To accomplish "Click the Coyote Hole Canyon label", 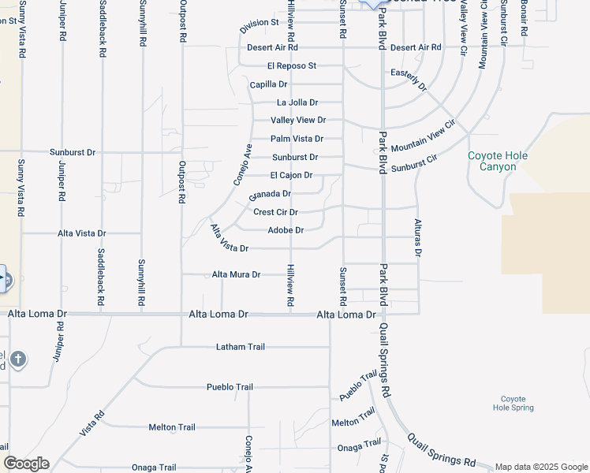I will pos(498,161).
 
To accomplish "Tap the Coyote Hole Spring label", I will pos(513,404).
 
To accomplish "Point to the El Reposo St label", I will pos(291,65).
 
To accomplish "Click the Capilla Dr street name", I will pos(268,84).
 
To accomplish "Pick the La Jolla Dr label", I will pos(297,102).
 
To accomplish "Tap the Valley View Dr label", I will pos(298,121).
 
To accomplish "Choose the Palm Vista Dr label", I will pos(297,139).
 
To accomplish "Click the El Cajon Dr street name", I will pos(291,175).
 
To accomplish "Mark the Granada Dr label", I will pos(270,194).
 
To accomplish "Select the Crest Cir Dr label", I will pos(275,212).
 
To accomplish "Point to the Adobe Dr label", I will pos(286,230).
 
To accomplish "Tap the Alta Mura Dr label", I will pos(236,274).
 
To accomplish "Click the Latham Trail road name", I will pos(241,347).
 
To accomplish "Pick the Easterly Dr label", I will pos(408,79).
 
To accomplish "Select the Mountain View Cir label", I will pos(424,136).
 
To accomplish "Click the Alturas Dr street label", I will pos(418,237).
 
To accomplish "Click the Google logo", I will pos(26,464).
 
